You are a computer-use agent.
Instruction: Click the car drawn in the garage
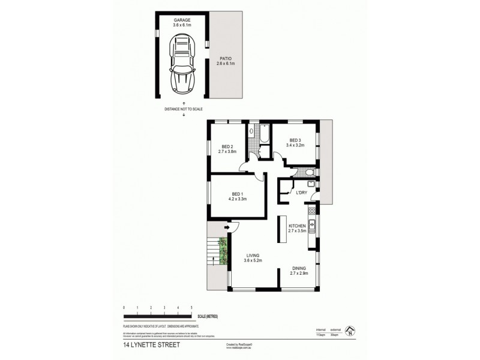click(182, 61)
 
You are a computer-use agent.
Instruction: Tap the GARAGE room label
click(182, 20)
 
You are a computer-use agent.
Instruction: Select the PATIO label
click(226, 58)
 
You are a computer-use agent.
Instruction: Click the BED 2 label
click(227, 146)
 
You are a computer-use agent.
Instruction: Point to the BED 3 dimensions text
click(296, 145)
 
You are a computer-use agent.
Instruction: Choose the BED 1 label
click(238, 193)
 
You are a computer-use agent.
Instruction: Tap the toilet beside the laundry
click(307, 173)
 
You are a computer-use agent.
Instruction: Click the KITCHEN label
click(298, 225)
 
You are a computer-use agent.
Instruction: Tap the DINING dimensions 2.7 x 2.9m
click(299, 274)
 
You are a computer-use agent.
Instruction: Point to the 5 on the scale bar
click(191, 307)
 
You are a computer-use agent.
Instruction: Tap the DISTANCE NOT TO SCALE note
click(183, 109)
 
